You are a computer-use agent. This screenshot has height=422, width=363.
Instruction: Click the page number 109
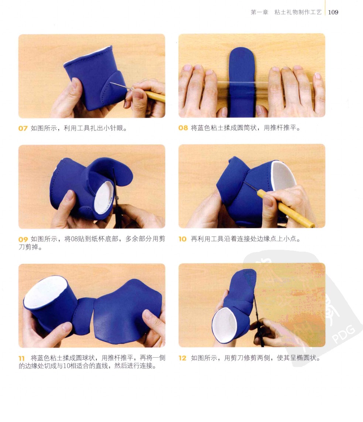coord(333,12)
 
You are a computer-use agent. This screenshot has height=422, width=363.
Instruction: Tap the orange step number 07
coord(23,128)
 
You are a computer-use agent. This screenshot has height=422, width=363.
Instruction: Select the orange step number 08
coord(183,128)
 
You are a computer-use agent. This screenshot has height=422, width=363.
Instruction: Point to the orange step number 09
coord(23,239)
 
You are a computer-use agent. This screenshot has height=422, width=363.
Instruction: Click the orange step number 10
coord(182,239)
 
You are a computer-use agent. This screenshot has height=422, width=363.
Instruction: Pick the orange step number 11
coord(21,358)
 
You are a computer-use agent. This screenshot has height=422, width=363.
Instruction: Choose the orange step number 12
coord(182,358)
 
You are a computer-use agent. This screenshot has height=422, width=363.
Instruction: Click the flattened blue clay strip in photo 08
coord(242,82)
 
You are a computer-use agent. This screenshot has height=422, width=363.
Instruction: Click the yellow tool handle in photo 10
coord(285,209)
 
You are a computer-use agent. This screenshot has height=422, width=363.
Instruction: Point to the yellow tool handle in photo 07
coord(155,96)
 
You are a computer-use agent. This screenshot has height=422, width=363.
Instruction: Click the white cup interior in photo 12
coord(224,325)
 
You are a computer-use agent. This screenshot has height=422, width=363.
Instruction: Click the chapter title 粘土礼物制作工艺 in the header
coord(298,12)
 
